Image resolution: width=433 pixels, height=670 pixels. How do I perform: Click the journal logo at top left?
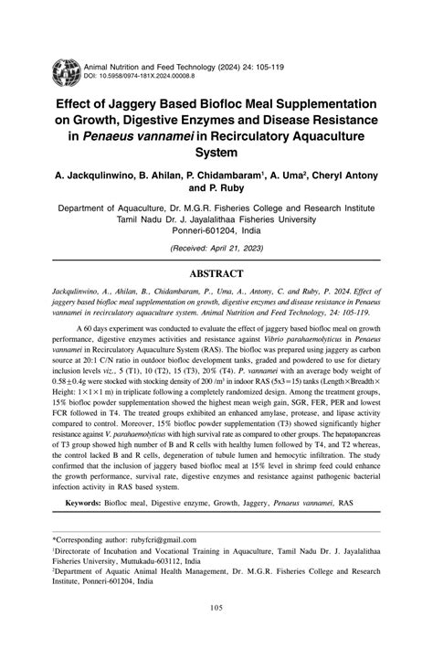coord(66,71)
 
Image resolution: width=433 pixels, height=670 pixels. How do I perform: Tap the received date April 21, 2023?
coord(231,249)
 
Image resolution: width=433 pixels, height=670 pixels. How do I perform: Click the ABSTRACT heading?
coord(216,273)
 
